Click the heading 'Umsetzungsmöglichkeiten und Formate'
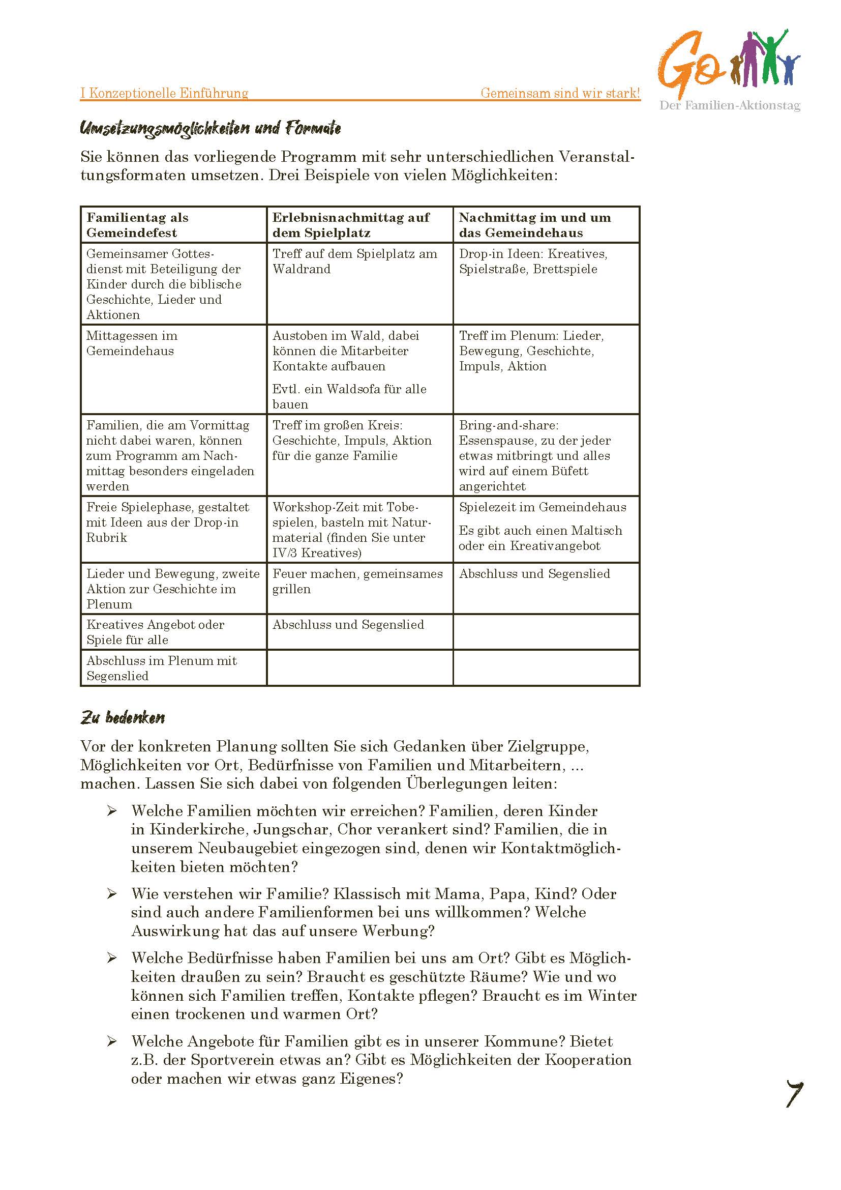211,128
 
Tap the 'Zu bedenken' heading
123,717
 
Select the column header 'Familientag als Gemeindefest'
137,225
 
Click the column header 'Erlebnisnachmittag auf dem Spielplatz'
351,225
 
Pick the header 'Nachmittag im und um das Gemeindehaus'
534,225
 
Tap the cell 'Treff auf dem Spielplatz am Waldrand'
355,261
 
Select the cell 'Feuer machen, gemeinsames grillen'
357,581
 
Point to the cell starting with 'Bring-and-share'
534,455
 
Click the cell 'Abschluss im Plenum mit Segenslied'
161,668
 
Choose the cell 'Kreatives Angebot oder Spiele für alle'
155,632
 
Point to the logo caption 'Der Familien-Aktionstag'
729,106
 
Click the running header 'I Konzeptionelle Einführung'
164,93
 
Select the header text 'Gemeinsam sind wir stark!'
560,93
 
